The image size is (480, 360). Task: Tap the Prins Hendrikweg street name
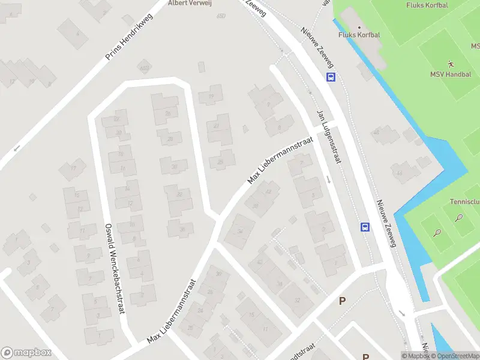coord(129,37)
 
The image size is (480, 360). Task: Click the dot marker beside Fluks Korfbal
coord(359,27)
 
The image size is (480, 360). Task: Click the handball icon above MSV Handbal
coord(451,64)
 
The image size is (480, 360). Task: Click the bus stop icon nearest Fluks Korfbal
coord(331,77)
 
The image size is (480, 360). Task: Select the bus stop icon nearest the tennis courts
coord(364,227)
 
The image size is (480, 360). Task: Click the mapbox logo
coord(26,353)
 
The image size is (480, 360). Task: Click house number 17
coord(73,168)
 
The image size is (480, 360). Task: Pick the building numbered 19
coord(211,97)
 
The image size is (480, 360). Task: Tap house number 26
coord(168,113)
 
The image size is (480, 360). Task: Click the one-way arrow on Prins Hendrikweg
coord(17,148)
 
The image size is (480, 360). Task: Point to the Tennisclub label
coord(465,202)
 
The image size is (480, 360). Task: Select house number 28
coord(170,139)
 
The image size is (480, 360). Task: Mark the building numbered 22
coord(116,119)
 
